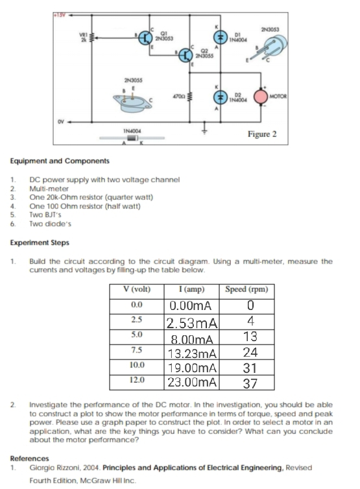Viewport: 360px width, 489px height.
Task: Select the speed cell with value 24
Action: click(x=250, y=353)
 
